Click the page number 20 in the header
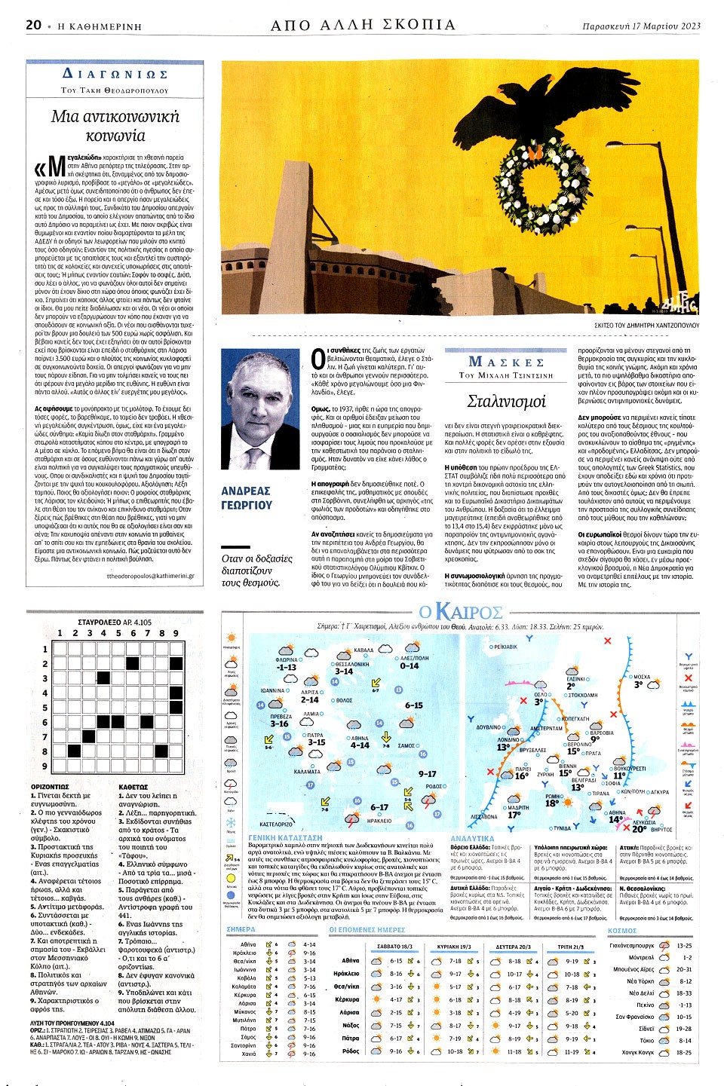(x=33, y=25)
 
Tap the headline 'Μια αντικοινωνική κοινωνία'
(x=115, y=126)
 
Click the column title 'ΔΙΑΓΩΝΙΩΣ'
(x=115, y=75)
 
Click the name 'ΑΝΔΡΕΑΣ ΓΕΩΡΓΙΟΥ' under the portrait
(x=247, y=497)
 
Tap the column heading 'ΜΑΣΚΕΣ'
(x=506, y=362)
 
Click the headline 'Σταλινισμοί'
(x=506, y=401)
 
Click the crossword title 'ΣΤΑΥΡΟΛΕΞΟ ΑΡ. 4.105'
(x=115, y=623)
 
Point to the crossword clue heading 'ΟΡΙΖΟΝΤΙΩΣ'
(x=50, y=787)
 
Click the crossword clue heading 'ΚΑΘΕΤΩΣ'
(x=133, y=787)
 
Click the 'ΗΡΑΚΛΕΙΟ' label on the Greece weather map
(x=379, y=821)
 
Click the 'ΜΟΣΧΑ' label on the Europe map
(x=641, y=677)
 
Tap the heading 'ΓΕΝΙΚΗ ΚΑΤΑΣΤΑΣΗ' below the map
(x=285, y=837)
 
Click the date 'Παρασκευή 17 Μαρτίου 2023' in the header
(x=641, y=26)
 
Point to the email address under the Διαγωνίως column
(x=150, y=576)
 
